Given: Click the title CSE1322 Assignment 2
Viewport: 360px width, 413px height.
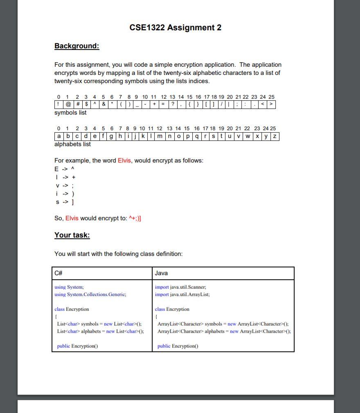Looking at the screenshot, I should pyautogui.click(x=175, y=27).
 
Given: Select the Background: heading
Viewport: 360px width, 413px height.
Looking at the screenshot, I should pyautogui.click(x=77, y=46).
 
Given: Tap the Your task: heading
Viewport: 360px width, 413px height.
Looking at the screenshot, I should pyautogui.click(x=72, y=235).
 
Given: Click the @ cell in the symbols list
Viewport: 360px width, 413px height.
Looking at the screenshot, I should pyautogui.click(x=68, y=104).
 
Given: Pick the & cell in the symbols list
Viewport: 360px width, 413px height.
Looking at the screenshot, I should pyautogui.click(x=104, y=104).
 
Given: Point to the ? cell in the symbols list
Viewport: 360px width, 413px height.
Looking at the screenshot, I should pyautogui.click(x=173, y=104).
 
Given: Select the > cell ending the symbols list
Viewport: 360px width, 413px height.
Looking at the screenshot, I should pyautogui.click(x=271, y=104).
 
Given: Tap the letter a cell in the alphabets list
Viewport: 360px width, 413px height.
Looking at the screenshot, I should pyautogui.click(x=59, y=136).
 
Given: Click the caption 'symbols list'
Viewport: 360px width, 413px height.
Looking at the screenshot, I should pyautogui.click(x=70, y=113).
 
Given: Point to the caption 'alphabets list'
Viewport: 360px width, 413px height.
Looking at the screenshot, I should pyautogui.click(x=73, y=144).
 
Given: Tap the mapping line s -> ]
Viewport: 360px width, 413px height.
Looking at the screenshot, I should pyautogui.click(x=65, y=202).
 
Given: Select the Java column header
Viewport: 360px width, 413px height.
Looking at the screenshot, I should pyautogui.click(x=161, y=273).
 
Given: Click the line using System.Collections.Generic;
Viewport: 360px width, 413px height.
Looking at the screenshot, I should pyautogui.click(x=90, y=294).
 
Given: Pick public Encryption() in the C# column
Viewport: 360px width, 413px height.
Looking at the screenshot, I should pyautogui.click(x=77, y=346).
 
